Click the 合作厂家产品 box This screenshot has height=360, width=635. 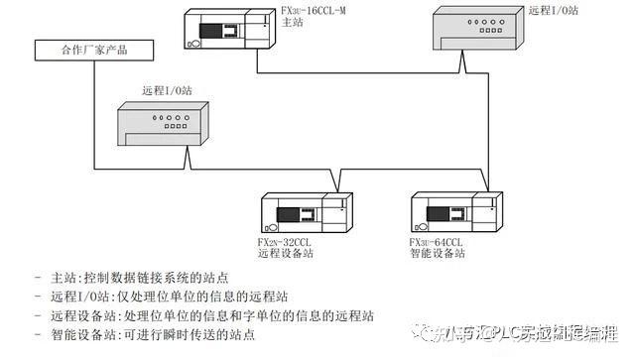(x=94, y=49)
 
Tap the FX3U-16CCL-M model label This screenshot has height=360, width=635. (x=316, y=13)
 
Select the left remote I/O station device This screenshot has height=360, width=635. (x=165, y=127)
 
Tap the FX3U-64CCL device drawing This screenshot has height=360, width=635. (x=457, y=213)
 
